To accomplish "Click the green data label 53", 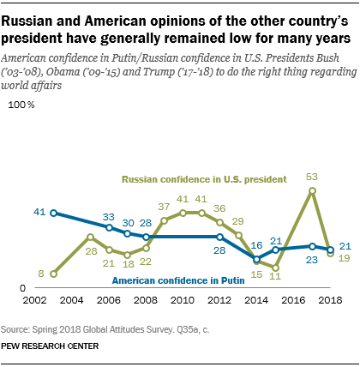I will [x=313, y=177].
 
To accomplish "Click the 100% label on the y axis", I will [x=21, y=105].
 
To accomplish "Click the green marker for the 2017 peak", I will [x=313, y=190].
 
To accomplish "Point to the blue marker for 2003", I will [x=53, y=212].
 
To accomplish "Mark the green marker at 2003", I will [x=53, y=274].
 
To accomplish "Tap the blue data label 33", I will [x=109, y=216].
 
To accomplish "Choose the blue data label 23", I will [x=313, y=259].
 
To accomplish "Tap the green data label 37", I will [x=164, y=207].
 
